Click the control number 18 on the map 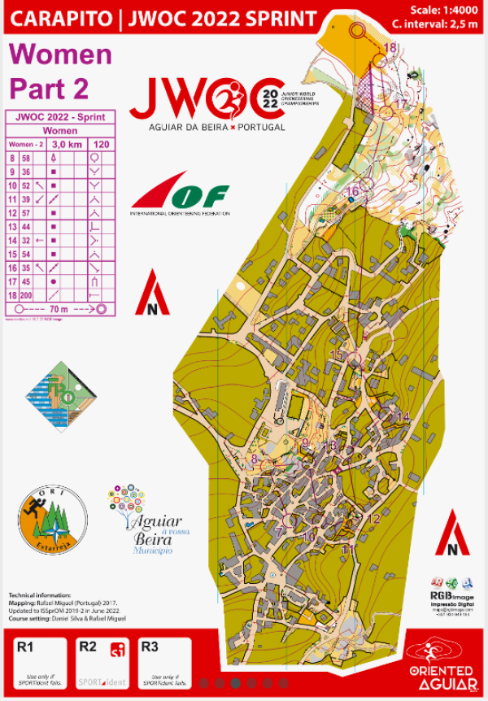coord(391,48)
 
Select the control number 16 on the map coord(352,192)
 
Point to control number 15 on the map coord(337,355)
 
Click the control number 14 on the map coord(403,417)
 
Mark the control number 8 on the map coord(254,459)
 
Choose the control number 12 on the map coord(374,519)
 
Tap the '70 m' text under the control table coord(59,309)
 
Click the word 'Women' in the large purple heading coord(59,54)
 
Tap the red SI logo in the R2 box coord(118,650)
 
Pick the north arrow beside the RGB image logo coord(452,533)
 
